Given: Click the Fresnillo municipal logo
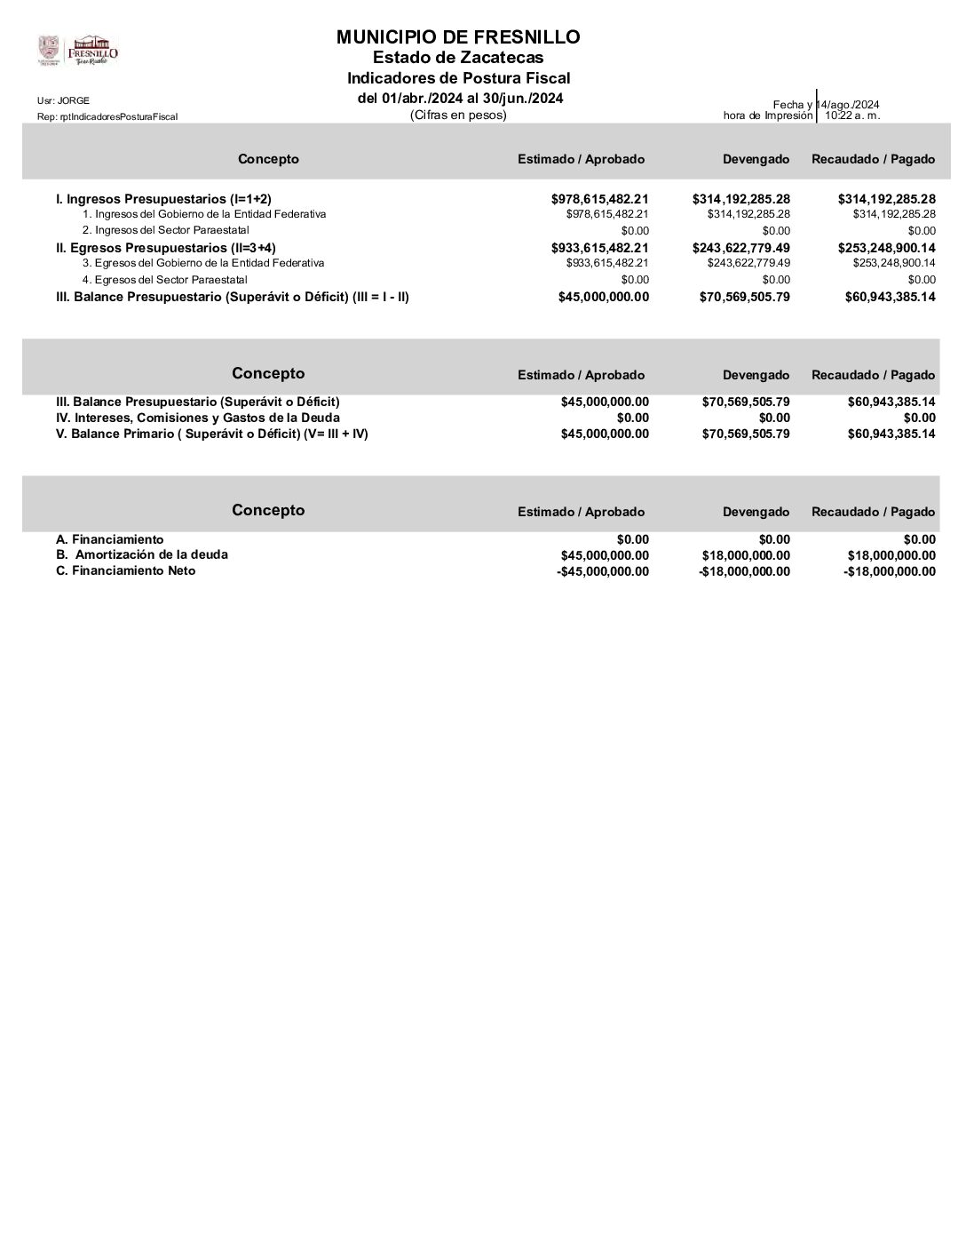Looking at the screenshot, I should pyautogui.click(x=77, y=51).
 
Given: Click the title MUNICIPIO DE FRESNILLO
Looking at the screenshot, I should pyautogui.click(x=458, y=37).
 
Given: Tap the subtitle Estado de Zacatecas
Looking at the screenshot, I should pyautogui.click(x=458, y=59).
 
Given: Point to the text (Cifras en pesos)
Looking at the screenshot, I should pyautogui.click(x=458, y=115).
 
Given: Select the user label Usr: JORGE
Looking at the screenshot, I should pyautogui.click(x=63, y=100).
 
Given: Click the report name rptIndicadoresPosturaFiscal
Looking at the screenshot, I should pyautogui.click(x=107, y=116).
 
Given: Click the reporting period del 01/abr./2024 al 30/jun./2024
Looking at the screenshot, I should pyautogui.click(x=460, y=98).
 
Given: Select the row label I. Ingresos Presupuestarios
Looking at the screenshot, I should pyautogui.click(x=163, y=199).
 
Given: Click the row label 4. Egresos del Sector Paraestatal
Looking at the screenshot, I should pyautogui.click(x=165, y=279).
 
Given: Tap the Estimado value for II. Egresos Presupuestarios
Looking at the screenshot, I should pyautogui.click(x=599, y=248).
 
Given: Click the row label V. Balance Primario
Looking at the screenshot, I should pyautogui.click(x=211, y=434).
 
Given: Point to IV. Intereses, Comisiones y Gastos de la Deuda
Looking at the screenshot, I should pyautogui.click(x=197, y=418).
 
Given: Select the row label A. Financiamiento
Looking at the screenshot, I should pyautogui.click(x=109, y=539).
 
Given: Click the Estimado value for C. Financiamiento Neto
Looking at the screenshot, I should pyautogui.click(x=603, y=571).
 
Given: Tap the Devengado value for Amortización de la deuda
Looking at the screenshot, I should pyautogui.click(x=744, y=555).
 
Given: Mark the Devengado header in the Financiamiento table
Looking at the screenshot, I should pyautogui.click(x=756, y=512).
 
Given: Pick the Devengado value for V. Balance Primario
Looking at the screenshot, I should pyautogui.click(x=746, y=434).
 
